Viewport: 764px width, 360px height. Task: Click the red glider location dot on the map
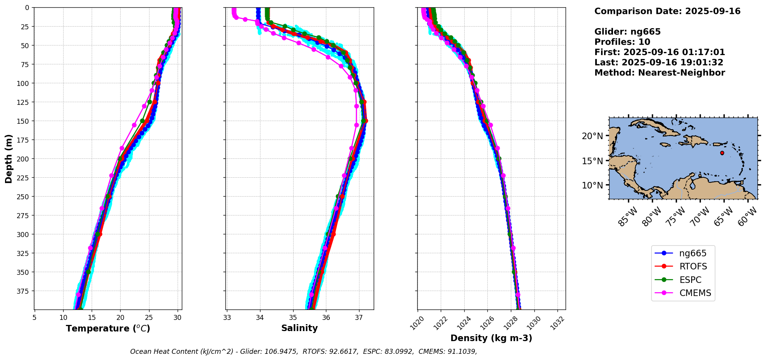coord(722,153)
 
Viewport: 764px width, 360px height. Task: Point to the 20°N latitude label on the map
coord(593,136)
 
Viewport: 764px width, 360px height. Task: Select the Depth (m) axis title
coord(8,158)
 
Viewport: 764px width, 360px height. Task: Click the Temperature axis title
coord(108,328)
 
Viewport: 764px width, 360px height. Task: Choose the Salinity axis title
coord(299,328)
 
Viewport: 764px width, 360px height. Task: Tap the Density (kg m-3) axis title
coord(491,338)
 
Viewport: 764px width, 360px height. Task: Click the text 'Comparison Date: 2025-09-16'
coord(667,11)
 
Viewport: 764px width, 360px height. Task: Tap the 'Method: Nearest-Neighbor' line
coord(660,73)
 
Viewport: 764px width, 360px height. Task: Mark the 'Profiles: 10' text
coord(622,42)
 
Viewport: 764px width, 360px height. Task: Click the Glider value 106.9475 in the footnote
coord(281,352)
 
